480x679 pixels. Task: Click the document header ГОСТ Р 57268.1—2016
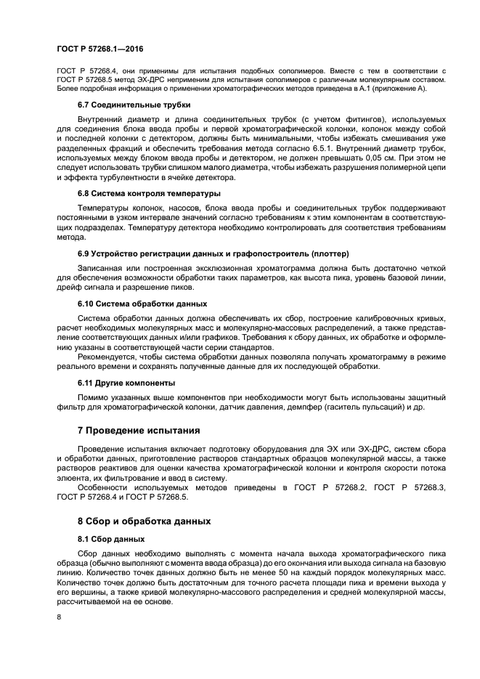click(x=99, y=48)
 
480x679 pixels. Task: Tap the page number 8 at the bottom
click(x=59, y=617)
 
